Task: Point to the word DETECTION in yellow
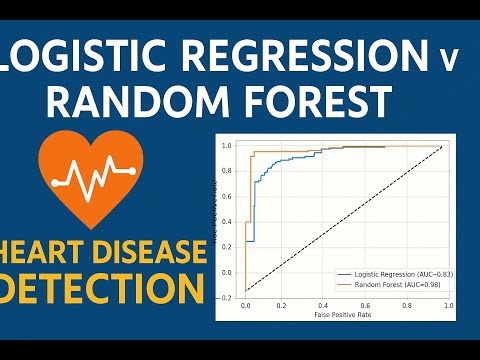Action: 100,288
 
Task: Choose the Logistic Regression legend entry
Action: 390,273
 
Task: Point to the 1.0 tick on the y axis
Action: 226,146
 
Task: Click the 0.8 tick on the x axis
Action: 404,305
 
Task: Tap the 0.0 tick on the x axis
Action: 246,305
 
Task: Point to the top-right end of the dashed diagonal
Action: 442,147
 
